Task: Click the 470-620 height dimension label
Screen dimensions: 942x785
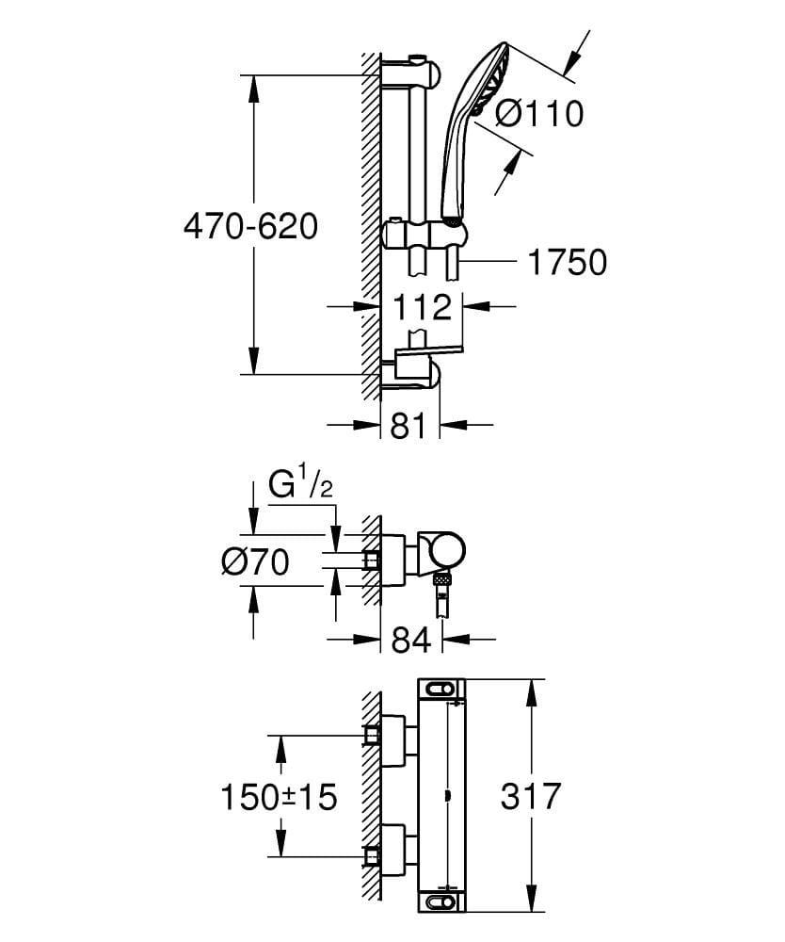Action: tap(250, 226)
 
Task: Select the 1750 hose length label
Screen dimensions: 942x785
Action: tap(566, 263)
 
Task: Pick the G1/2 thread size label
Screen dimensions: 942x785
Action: tap(299, 488)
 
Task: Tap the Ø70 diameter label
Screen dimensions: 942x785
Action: tap(254, 562)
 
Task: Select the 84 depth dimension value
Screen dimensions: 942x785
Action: tap(409, 640)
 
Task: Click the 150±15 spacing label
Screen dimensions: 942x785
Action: tap(278, 797)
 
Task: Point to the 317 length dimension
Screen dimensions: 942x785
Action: tap(530, 796)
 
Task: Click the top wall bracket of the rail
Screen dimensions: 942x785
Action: tap(410, 73)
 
